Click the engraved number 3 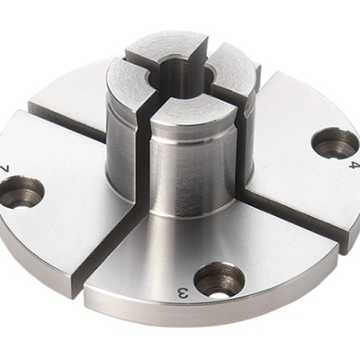184,293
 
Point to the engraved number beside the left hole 8,168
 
